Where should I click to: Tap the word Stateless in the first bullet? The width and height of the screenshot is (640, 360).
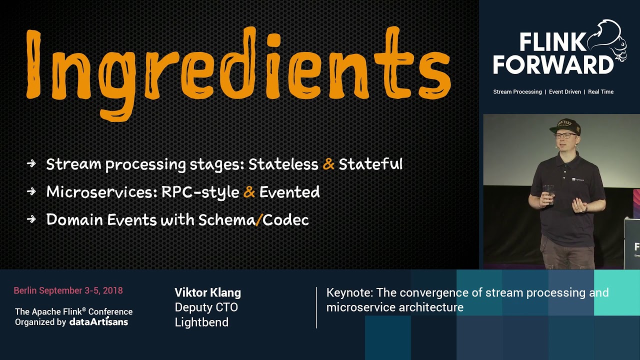(x=283, y=164)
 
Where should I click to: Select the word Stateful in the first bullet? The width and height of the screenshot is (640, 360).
(x=370, y=164)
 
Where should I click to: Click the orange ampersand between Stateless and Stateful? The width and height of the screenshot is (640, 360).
(x=328, y=164)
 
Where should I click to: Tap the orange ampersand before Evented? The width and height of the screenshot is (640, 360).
(x=249, y=192)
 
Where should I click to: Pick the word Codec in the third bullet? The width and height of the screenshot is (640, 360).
(x=285, y=220)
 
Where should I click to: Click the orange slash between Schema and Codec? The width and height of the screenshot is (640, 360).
(x=258, y=220)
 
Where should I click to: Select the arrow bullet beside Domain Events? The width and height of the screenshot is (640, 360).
(x=31, y=219)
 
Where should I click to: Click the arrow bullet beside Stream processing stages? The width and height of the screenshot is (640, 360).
(x=31, y=163)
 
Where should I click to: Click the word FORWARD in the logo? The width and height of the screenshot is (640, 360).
(x=553, y=65)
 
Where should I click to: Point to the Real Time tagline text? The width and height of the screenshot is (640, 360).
(x=600, y=92)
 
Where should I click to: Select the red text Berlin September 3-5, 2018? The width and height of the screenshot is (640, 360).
(x=68, y=290)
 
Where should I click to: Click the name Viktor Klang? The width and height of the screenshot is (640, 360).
(x=207, y=293)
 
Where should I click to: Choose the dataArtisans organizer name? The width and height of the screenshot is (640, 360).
(x=98, y=322)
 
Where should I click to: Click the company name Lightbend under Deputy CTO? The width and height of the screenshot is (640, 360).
(x=201, y=322)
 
